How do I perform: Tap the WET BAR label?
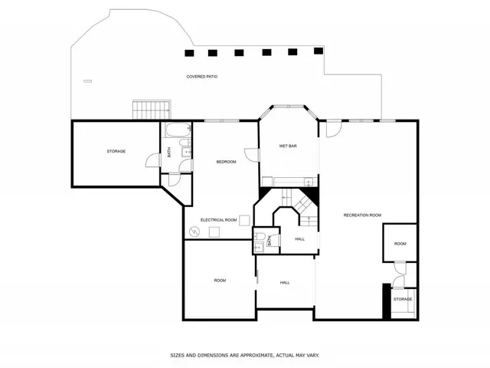click(x=288, y=146)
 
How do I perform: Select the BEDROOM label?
click(x=226, y=162)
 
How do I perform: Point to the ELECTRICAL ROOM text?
click(x=218, y=220)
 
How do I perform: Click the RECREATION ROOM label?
click(x=362, y=215)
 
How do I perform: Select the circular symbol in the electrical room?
click(x=193, y=232)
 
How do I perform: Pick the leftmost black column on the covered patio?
click(x=189, y=53)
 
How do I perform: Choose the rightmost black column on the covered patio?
click(x=318, y=51)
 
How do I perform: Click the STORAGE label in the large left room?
click(x=116, y=151)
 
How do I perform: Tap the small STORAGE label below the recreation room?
click(x=403, y=299)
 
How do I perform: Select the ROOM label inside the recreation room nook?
click(x=400, y=244)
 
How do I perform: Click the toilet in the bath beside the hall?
click(x=260, y=237)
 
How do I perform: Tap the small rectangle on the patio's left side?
click(x=87, y=81)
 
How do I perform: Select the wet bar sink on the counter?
click(x=308, y=182)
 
